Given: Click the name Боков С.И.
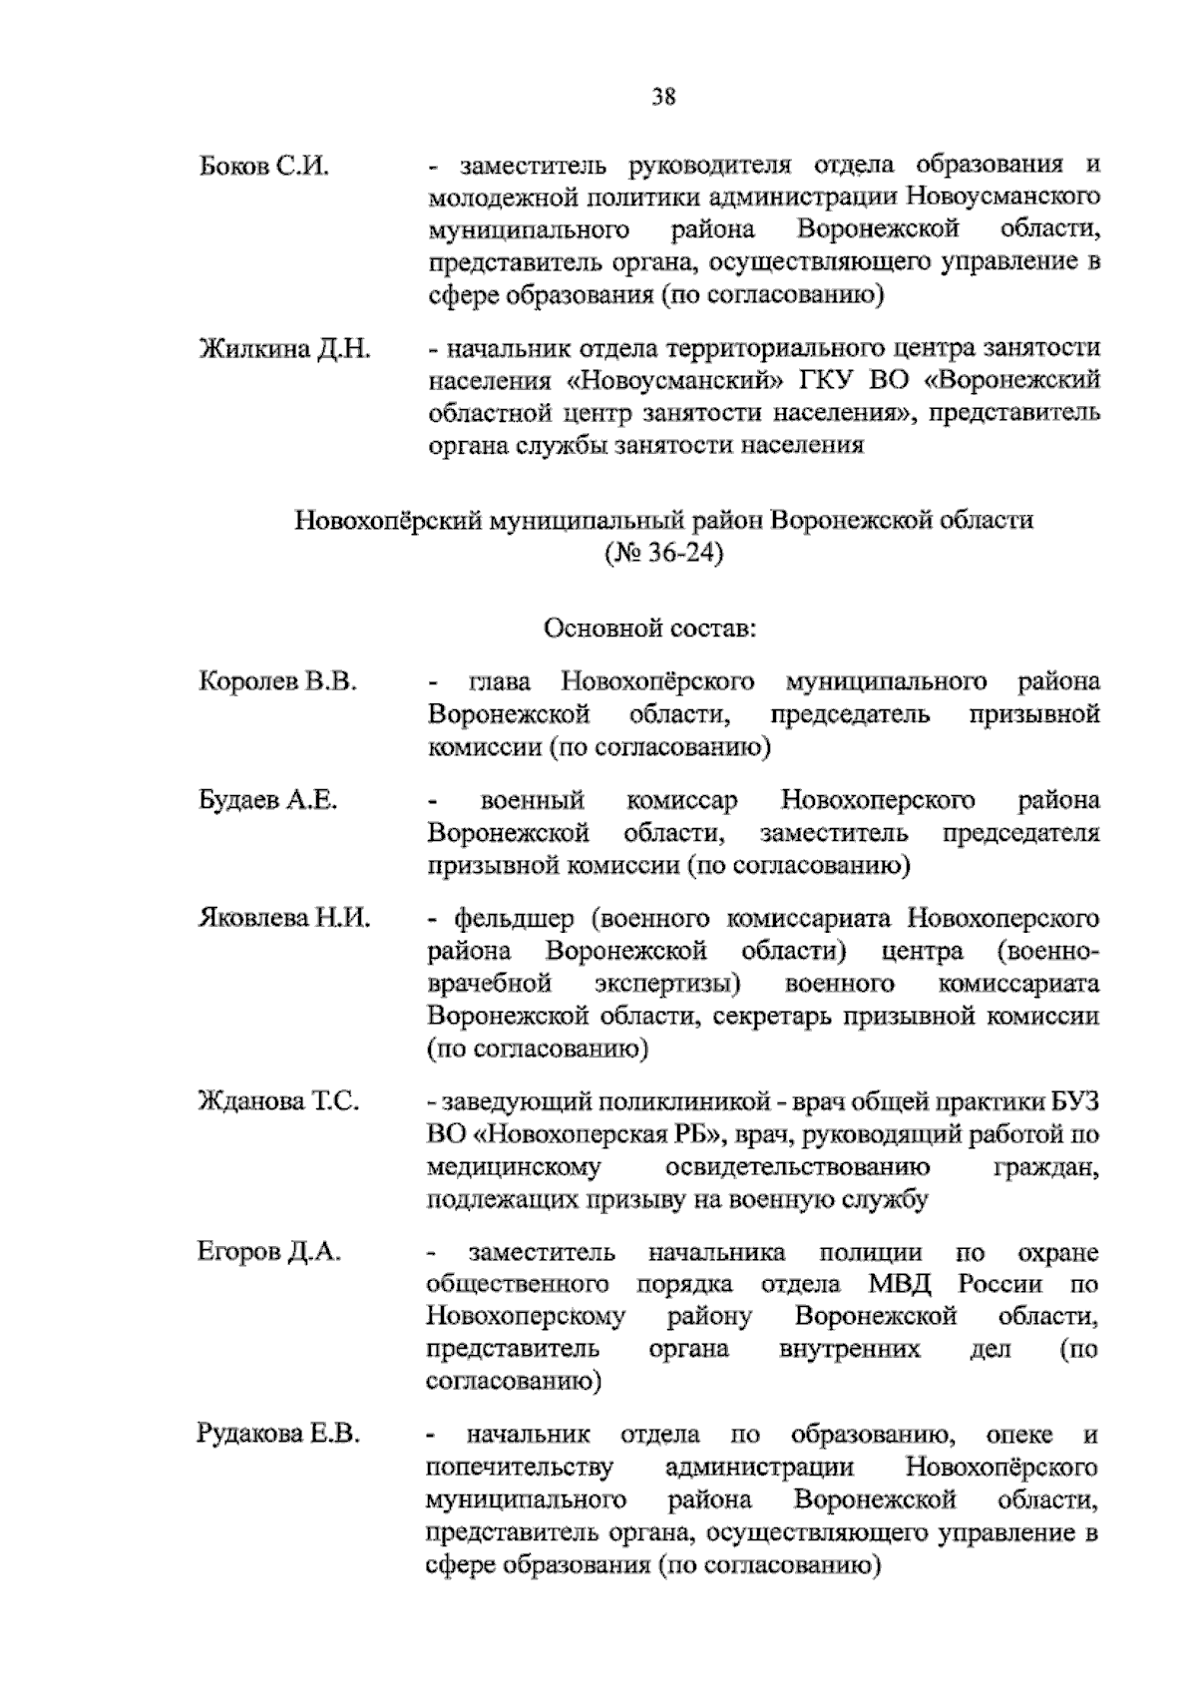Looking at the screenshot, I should [x=264, y=166].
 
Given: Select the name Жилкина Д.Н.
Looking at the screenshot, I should [x=285, y=349].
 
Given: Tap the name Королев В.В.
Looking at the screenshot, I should [x=278, y=683].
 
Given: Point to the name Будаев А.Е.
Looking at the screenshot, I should [x=268, y=801].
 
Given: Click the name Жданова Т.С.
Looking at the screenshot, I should [x=278, y=1102].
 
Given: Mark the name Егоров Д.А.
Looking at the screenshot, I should [x=270, y=1253].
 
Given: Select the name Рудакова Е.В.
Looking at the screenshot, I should [x=279, y=1436].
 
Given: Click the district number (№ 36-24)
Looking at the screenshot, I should [x=663, y=552].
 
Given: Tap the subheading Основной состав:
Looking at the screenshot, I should [x=650, y=630].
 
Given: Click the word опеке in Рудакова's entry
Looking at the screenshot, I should [x=1018, y=1436].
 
